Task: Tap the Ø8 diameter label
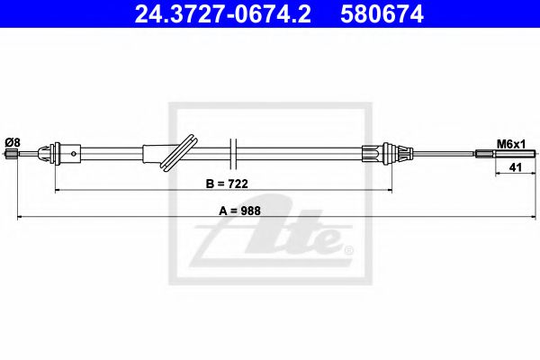[12, 141]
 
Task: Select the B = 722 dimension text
[227, 184]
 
